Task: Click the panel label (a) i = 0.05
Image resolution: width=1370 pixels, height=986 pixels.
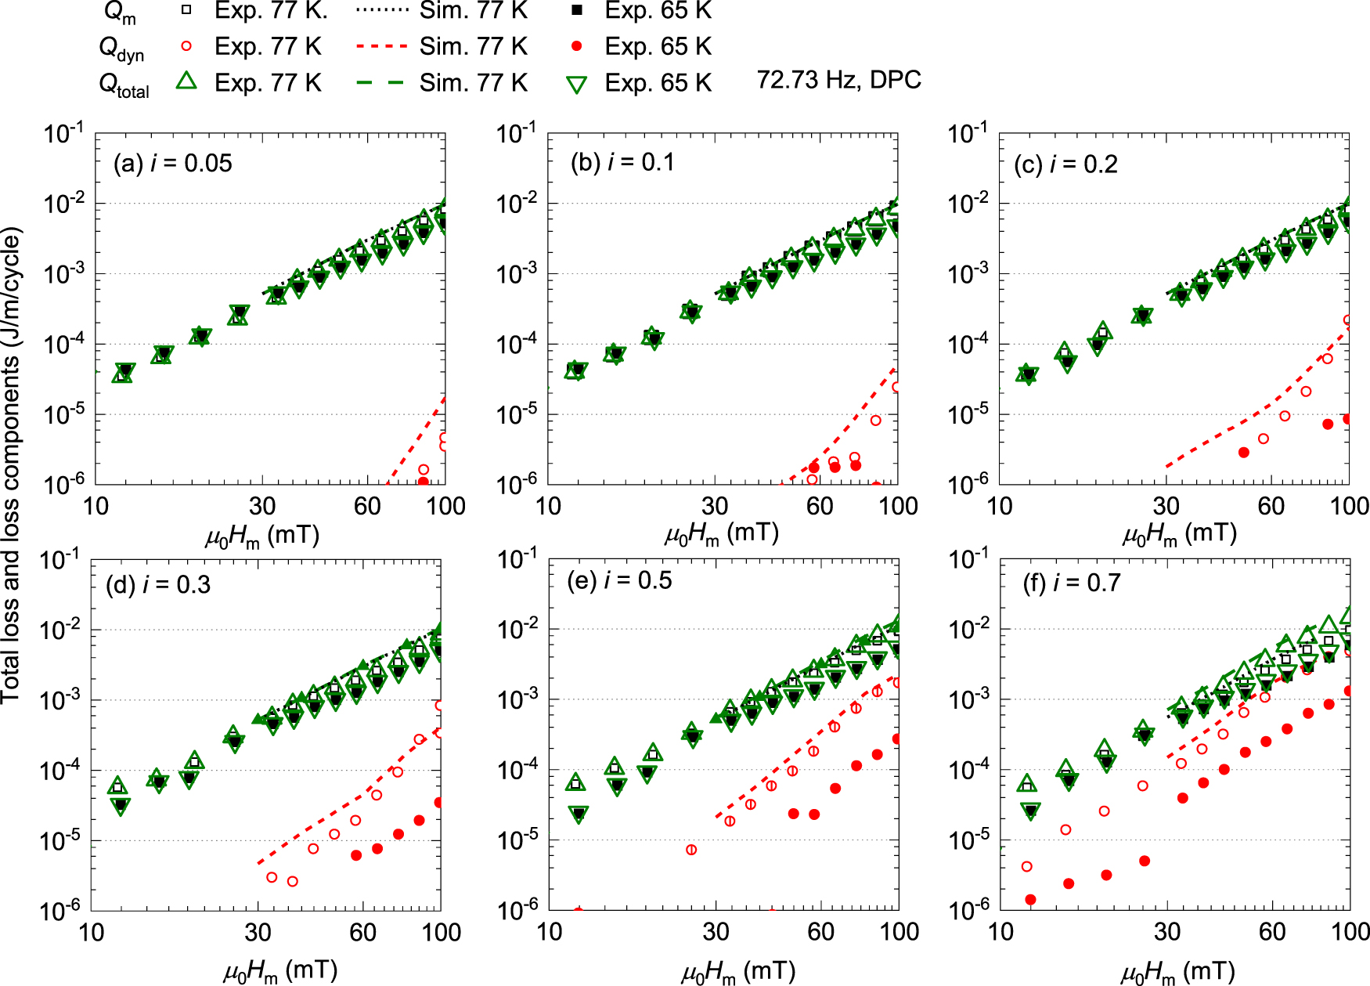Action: pyautogui.click(x=172, y=164)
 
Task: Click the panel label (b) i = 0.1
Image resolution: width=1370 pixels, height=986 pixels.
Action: pyautogui.click(x=622, y=162)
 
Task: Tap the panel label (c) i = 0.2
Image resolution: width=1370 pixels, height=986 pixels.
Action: pyautogui.click(x=1065, y=164)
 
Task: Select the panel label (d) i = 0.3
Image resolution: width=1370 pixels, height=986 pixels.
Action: pyautogui.click(x=158, y=585)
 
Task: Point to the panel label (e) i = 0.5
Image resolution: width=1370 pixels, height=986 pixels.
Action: pyautogui.click(x=619, y=580)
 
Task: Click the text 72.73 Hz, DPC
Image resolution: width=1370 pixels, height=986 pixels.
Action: pyautogui.click(x=838, y=80)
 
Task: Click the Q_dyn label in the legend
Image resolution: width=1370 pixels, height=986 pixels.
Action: pyautogui.click(x=121, y=49)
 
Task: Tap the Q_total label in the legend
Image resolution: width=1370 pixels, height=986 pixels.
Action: pyautogui.click(x=124, y=85)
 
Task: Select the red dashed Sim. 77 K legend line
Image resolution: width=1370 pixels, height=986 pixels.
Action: pyautogui.click(x=381, y=46)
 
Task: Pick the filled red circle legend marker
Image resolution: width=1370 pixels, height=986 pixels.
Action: pyautogui.click(x=577, y=46)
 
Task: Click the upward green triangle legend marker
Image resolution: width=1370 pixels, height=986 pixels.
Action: pyautogui.click(x=186, y=81)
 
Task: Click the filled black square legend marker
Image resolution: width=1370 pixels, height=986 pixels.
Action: pyautogui.click(x=577, y=10)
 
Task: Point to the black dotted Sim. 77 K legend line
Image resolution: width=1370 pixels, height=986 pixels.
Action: pyautogui.click(x=381, y=10)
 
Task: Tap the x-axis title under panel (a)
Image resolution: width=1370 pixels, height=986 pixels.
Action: pyautogui.click(x=261, y=536)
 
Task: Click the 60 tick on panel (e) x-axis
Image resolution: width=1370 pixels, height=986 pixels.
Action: pyautogui.click(x=820, y=932)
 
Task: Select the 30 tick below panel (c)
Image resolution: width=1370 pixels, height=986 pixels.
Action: pyautogui.click(x=1166, y=506)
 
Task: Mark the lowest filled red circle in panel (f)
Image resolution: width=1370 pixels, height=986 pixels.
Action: pyautogui.click(x=1030, y=900)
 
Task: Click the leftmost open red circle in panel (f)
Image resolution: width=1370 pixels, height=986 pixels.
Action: pyautogui.click(x=1027, y=866)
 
